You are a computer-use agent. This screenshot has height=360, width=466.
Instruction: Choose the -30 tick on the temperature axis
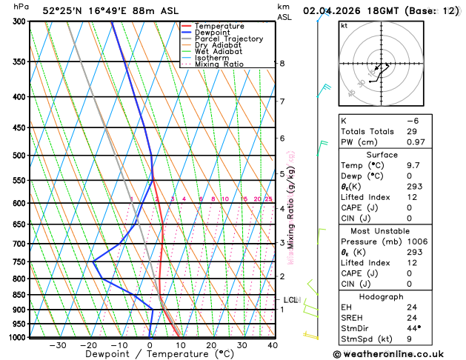(57, 345)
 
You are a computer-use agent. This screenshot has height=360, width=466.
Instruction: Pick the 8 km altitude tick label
(282, 64)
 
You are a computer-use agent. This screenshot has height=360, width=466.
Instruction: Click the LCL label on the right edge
(290, 300)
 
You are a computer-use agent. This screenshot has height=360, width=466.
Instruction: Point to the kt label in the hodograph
(344, 25)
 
